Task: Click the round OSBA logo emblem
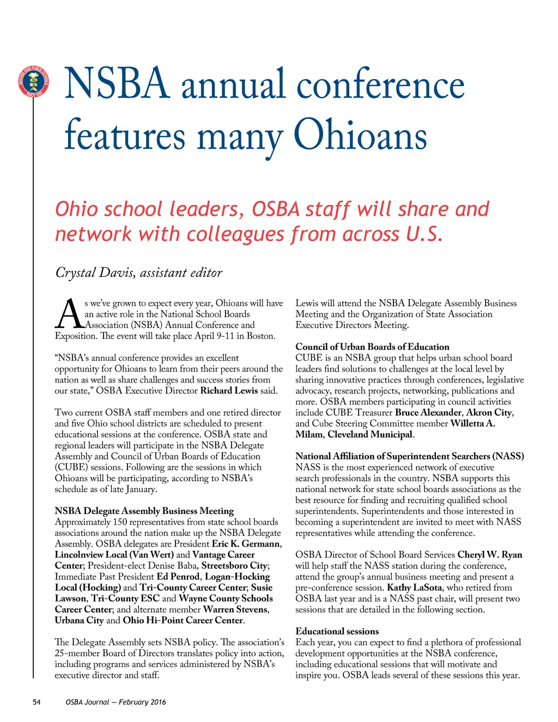point(33,82)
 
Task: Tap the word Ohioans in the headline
point(360,136)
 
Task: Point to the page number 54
point(37,702)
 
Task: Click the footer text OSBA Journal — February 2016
point(116,702)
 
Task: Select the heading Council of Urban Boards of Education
point(372,347)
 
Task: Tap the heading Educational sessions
point(337,631)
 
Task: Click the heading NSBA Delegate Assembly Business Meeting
point(144,511)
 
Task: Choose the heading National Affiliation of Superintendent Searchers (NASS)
point(409,456)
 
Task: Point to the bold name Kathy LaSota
point(414,587)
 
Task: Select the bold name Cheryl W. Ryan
point(489,555)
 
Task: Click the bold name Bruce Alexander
point(428,412)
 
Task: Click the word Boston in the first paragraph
point(260,336)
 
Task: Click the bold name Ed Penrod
point(178,577)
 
